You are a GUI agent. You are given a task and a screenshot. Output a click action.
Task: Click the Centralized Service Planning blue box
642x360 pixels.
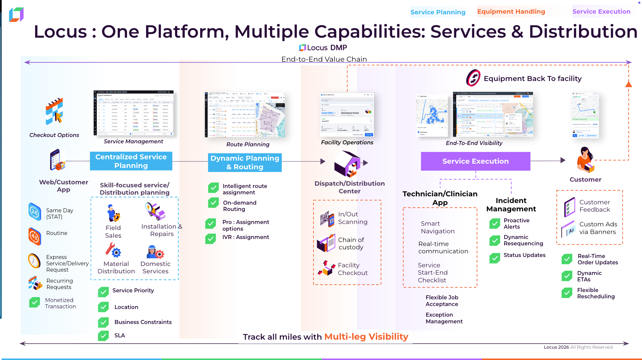click(131, 161)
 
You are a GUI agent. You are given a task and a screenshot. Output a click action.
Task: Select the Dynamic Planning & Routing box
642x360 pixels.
click(245, 162)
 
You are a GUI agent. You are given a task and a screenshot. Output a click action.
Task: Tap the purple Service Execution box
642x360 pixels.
click(475, 161)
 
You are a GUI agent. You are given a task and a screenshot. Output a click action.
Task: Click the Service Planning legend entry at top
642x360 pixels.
click(438, 12)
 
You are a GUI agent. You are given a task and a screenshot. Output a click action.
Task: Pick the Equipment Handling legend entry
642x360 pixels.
click(511, 12)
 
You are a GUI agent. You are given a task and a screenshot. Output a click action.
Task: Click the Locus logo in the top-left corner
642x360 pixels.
click(16, 15)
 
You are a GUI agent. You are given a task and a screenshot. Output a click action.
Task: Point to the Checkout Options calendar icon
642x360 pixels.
click(54, 111)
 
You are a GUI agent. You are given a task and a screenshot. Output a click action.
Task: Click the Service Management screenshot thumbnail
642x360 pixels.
click(133, 113)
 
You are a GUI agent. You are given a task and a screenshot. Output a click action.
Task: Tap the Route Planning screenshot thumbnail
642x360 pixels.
click(245, 115)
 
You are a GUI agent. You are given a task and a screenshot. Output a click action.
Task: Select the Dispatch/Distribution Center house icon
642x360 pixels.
click(348, 164)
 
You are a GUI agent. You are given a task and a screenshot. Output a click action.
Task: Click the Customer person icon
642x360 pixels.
click(585, 160)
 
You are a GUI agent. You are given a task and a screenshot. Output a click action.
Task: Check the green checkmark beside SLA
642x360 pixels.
click(103, 336)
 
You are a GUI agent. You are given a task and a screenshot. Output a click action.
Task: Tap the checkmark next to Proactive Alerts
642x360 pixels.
click(495, 224)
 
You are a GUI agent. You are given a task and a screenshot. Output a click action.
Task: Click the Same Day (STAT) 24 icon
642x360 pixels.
click(35, 212)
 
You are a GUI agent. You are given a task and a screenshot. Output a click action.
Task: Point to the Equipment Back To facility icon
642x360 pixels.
click(473, 78)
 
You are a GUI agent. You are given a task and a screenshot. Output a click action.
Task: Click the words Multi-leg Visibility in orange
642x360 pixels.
click(366, 337)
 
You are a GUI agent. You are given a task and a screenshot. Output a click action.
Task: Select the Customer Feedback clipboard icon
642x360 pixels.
click(569, 206)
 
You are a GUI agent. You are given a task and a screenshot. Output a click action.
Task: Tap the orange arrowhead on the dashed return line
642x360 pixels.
click(628, 84)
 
